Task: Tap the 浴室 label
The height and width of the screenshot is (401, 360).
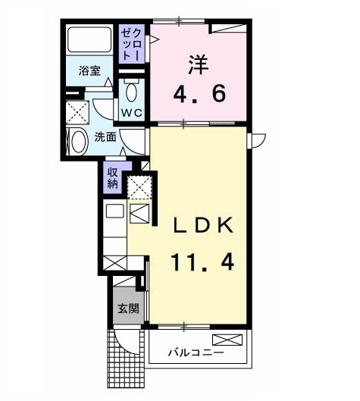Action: pyautogui.click(x=90, y=72)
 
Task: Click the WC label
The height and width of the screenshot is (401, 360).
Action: pyautogui.click(x=133, y=114)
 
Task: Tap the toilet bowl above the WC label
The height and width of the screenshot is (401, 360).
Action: pyautogui.click(x=132, y=92)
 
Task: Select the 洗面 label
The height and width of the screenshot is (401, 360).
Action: pyautogui.click(x=105, y=137)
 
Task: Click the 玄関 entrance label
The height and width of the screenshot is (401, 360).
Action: pyautogui.click(x=127, y=309)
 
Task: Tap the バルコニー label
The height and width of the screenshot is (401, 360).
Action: pyautogui.click(x=196, y=353)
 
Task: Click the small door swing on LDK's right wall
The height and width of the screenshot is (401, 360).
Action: pyautogui.click(x=258, y=139)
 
